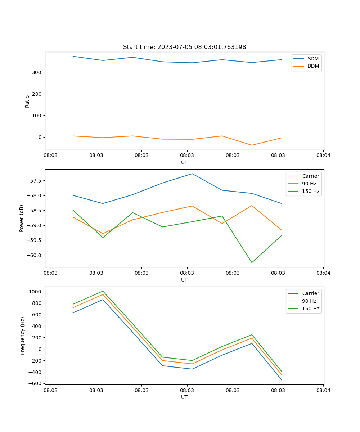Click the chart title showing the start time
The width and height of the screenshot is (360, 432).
tap(184, 47)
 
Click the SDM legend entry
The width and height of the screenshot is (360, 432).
tap(313, 59)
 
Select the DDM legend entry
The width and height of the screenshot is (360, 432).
tap(313, 66)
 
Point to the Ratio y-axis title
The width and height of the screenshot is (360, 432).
tap(27, 101)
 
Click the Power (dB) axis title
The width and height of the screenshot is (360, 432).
tap(22, 218)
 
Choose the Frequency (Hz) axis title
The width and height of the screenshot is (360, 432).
tap(22, 336)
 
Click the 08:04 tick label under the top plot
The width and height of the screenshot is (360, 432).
tap(323, 156)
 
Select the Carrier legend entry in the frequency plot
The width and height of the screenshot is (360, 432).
tap(310, 293)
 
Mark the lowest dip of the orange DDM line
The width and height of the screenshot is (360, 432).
tap(252, 145)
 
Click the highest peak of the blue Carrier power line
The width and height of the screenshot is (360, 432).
tap(192, 174)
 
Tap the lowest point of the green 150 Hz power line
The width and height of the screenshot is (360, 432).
tap(252, 262)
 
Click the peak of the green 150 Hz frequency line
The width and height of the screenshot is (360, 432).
tap(103, 291)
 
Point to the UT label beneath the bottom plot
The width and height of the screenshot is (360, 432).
tap(184, 397)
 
